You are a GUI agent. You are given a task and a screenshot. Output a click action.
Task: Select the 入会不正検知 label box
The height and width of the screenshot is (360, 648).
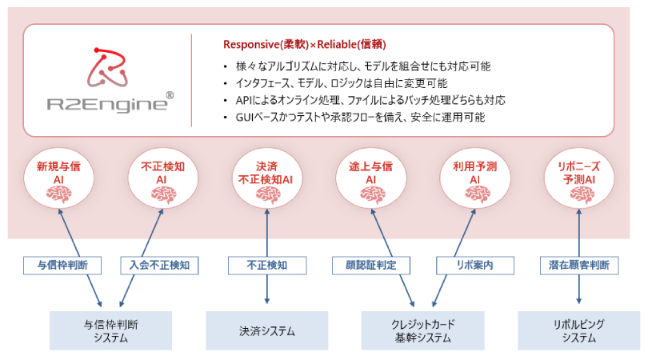pos(159,265)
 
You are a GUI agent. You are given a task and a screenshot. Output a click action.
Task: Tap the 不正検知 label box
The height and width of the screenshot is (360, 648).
pos(266,265)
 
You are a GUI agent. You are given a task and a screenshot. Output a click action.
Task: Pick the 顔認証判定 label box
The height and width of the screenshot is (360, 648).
pos(370,265)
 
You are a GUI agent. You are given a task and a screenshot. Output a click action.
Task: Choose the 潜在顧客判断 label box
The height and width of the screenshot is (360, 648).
pos(578,265)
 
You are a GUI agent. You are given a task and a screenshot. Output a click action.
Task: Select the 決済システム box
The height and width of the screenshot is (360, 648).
pos(266,330)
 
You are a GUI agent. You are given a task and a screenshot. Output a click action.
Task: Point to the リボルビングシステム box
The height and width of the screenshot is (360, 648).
pos(578,330)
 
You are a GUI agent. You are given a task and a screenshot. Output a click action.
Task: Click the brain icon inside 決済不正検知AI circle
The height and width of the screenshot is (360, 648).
pos(266,194)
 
